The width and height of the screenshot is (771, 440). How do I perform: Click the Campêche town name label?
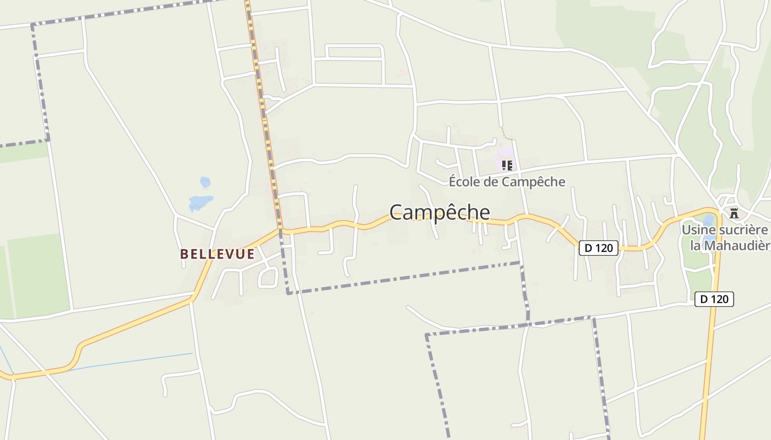pos(439,212)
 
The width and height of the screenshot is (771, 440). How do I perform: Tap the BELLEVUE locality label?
pos(218,254)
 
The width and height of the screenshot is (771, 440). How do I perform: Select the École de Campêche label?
pos(507,182)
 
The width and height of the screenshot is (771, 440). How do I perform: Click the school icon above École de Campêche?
pos(507,165)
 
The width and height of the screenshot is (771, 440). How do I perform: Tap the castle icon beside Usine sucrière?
pos(734,213)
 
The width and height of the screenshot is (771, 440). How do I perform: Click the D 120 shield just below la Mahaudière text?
pos(714,299)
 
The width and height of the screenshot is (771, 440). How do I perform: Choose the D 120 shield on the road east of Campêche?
pos(599,248)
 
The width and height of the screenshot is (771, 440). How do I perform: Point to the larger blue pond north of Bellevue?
pos(199,203)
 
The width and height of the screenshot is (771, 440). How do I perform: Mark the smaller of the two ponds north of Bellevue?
pos(205,182)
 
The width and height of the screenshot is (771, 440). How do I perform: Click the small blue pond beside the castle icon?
pos(708,222)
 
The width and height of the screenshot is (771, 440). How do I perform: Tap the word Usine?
pos(697,229)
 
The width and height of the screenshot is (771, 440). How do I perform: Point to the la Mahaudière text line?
pos(730,245)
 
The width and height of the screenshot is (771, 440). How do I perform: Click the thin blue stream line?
pos(127,362)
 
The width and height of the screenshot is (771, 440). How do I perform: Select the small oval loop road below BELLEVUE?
pos(268,277)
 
